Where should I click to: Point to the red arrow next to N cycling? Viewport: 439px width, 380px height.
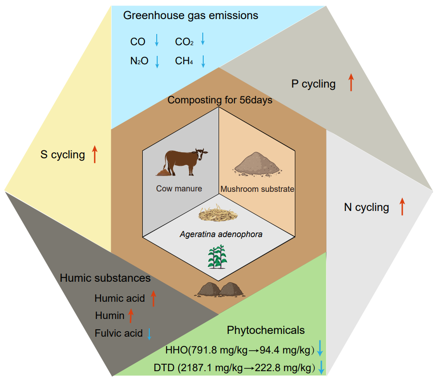click(402, 206)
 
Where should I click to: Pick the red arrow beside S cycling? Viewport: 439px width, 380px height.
click(95, 154)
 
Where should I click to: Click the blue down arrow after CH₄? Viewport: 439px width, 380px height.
click(203, 61)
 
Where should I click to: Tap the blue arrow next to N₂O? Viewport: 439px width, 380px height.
click(157, 61)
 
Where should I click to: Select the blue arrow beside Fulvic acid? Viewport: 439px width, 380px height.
click(149, 333)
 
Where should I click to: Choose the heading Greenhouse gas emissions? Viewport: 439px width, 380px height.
click(191, 15)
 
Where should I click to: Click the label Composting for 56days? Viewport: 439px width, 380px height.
click(220, 100)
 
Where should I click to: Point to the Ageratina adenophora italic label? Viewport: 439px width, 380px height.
click(221, 234)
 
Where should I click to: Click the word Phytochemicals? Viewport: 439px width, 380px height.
click(266, 330)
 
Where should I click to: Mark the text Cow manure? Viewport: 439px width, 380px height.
click(179, 189)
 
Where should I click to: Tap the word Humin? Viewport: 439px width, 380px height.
click(110, 315)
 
